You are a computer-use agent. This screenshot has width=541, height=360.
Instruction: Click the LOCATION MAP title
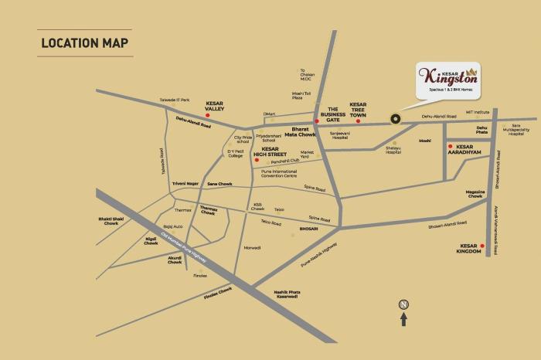coord(85,42)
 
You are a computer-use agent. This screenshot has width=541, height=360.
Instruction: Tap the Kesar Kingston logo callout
coord(447,80)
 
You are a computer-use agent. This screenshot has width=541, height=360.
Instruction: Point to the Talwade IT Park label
coord(175,100)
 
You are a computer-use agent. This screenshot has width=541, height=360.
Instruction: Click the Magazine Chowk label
coord(475,194)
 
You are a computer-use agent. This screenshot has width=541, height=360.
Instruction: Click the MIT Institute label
coord(478,114)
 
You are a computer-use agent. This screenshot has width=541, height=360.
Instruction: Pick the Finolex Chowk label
coord(217,293)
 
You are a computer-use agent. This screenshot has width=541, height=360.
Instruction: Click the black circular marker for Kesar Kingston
coord(395,119)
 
